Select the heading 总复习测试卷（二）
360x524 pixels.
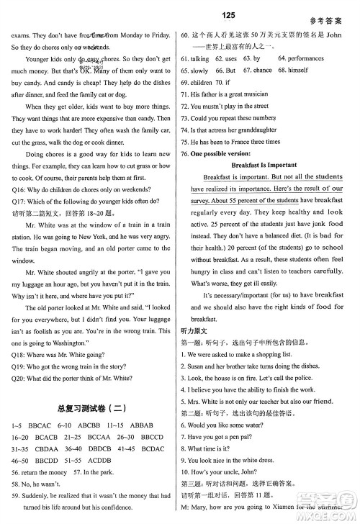91,407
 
